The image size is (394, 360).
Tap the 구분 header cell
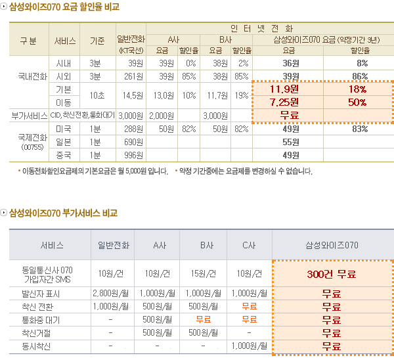pos(28,39)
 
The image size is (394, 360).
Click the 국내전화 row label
pos(32,76)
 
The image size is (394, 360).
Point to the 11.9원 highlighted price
pos(285,89)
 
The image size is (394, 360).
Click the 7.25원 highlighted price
pos(285,102)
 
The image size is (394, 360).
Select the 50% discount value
pos(357,102)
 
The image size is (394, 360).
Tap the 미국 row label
pos(64,129)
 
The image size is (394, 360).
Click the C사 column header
pos(248,245)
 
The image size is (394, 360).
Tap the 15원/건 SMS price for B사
pos(203,274)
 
